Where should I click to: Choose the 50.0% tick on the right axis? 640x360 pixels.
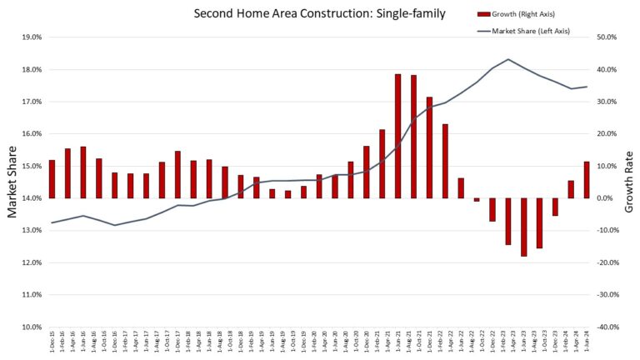(x=605, y=37)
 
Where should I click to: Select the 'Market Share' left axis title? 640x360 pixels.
(x=12, y=182)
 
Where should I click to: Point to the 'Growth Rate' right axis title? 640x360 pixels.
(x=629, y=182)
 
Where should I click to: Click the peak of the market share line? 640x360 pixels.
(x=508, y=59)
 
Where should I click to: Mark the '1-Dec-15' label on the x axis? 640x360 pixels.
(x=52, y=342)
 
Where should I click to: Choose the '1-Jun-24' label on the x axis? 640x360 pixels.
(x=587, y=342)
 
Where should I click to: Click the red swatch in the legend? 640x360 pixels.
(x=483, y=14)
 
